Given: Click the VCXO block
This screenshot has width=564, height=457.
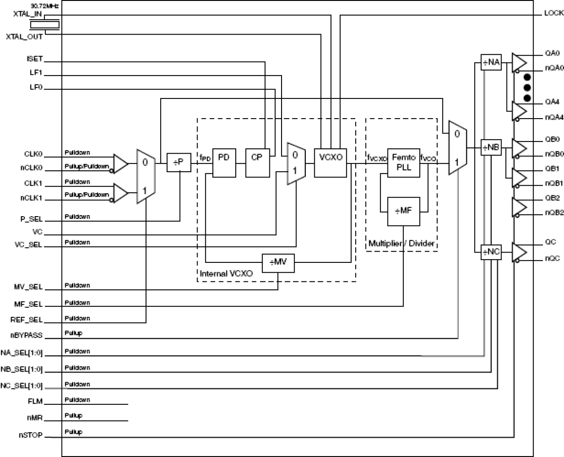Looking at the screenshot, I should [330, 162].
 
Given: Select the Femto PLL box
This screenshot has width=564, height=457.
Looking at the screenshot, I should [404, 162].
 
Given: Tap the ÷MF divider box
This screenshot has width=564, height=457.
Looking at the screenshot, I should [403, 211].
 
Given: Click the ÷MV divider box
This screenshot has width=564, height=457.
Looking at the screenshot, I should [278, 262].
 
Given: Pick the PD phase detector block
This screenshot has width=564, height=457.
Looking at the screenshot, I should [224, 162].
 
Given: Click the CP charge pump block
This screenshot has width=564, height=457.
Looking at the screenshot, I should [257, 162].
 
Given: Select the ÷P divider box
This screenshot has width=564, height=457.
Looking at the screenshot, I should [179, 162].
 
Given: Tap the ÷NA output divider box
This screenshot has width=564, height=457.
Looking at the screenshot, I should [491, 62].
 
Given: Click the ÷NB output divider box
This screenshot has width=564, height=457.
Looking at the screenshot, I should [491, 147].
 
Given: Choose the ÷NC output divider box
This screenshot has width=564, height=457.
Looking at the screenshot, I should [491, 252].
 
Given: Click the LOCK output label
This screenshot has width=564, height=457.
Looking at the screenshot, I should [553, 13].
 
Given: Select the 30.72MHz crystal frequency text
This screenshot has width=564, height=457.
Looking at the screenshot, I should [44, 5].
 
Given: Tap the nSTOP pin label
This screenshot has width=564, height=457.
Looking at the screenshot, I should [31, 435].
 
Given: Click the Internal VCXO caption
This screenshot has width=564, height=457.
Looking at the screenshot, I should [226, 274].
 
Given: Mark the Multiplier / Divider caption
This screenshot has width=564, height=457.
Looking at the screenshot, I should [401, 244].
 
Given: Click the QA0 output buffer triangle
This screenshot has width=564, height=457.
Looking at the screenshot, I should [519, 62].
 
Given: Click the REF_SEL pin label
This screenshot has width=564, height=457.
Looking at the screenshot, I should [27, 320].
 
